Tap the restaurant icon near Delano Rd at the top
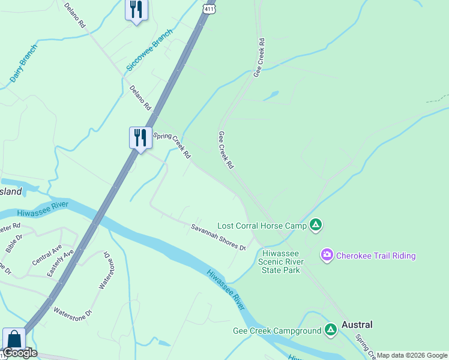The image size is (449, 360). point(136,10)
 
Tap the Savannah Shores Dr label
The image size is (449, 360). point(218,237)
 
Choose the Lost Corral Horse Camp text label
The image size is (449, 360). point(262,226)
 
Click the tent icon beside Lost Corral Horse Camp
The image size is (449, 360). point(316,226)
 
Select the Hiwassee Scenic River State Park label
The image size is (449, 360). point(281,262)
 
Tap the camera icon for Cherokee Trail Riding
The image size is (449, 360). point(327,256)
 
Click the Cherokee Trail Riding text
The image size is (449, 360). point(376,256)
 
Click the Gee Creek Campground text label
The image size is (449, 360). point(277,331)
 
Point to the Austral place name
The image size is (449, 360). point(357,325)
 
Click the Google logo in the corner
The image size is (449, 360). point(20,353)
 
